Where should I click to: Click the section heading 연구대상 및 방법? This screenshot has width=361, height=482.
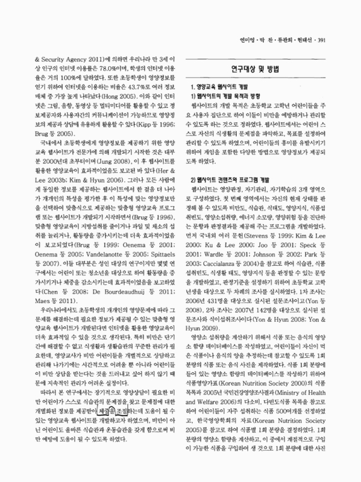click(258, 69)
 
